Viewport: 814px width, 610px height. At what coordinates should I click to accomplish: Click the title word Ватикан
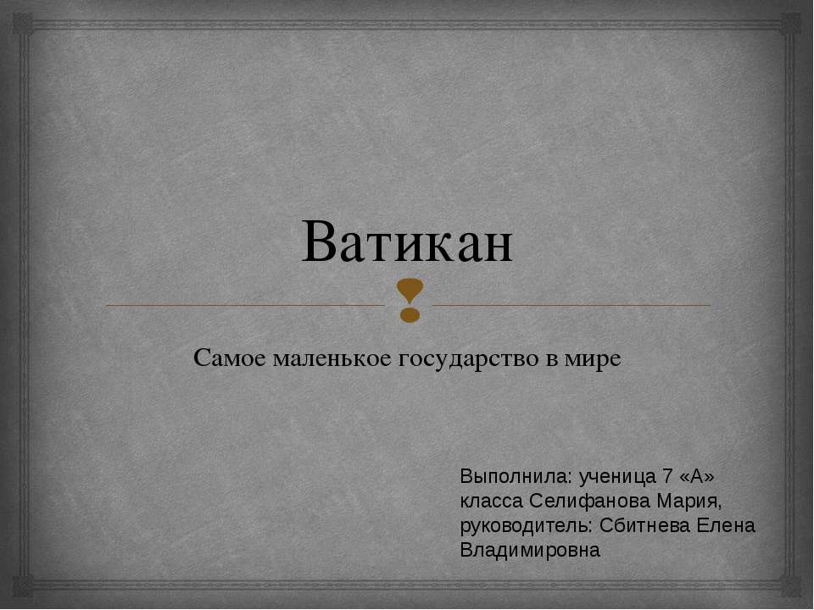[407, 243]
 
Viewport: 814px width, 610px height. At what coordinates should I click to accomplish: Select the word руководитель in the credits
[526, 525]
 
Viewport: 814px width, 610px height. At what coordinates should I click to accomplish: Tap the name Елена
[725, 525]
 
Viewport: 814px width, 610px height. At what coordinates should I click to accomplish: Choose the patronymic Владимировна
[529, 550]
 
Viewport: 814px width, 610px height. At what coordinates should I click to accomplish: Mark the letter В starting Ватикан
[318, 244]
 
